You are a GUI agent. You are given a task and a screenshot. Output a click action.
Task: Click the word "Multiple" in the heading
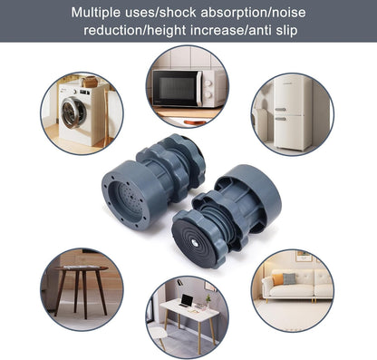[101, 13]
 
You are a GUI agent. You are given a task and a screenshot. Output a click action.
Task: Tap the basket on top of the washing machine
[90, 83]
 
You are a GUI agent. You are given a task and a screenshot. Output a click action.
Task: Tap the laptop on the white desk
[187, 300]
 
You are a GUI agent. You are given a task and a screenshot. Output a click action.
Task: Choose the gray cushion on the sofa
[288, 278]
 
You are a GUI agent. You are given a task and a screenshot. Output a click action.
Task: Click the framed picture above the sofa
[304, 256]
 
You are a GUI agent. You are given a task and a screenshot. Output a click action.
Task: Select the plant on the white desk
[208, 297]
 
